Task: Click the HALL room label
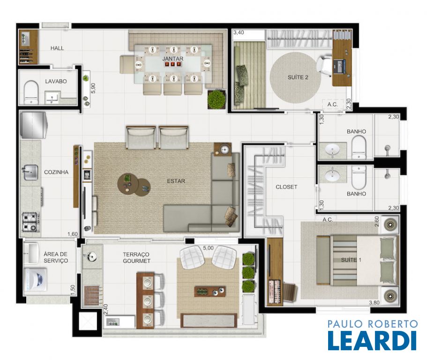(57, 48)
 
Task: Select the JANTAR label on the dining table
(172, 59)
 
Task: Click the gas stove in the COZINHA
(30, 222)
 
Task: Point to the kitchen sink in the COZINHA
(30, 172)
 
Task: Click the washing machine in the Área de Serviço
(36, 279)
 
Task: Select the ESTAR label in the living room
(176, 181)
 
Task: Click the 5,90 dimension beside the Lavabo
(93, 88)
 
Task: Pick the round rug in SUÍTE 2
(295, 78)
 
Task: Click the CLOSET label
(286, 187)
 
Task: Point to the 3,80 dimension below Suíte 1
(374, 302)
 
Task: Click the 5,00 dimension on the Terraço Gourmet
(208, 248)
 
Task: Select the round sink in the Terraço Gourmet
(92, 256)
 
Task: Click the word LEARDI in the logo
(372, 340)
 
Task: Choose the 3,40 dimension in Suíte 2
(239, 32)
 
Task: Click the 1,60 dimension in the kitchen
(73, 234)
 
